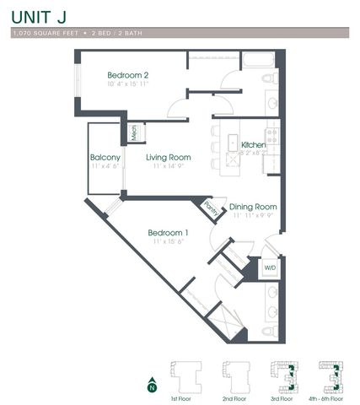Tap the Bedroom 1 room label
click(167, 232)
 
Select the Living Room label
click(168, 157)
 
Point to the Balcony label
click(105, 157)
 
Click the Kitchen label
click(254, 145)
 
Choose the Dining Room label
click(254, 206)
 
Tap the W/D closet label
click(270, 267)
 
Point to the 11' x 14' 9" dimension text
click(168, 166)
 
